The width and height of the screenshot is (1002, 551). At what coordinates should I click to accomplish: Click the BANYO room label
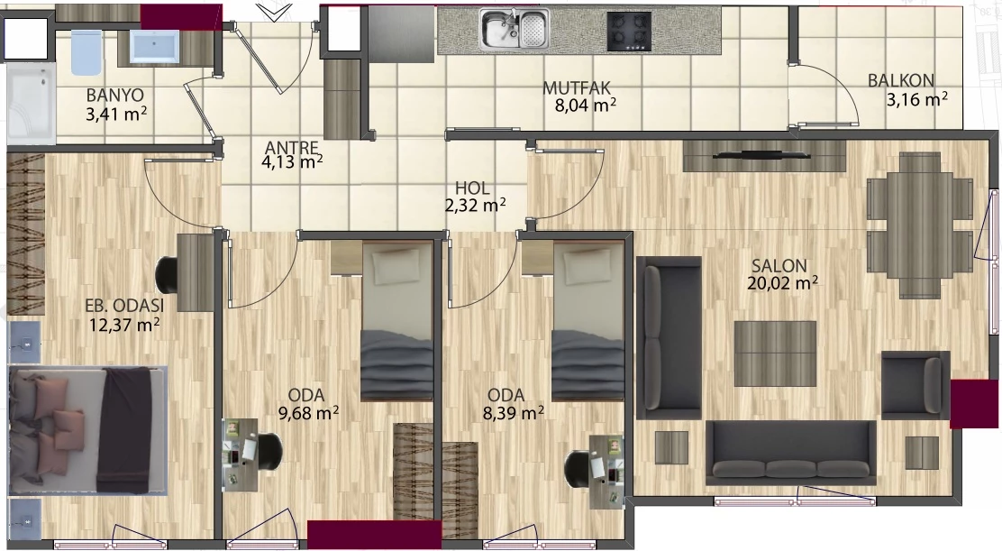click(115, 96)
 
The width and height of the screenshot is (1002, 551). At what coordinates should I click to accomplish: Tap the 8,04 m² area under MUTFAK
click(586, 105)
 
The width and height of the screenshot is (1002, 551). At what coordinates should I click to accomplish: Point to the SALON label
click(779, 265)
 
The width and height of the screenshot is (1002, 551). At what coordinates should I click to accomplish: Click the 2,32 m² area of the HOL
click(476, 206)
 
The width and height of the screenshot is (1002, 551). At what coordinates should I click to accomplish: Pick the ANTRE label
click(291, 148)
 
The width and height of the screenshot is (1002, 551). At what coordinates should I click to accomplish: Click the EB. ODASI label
click(124, 306)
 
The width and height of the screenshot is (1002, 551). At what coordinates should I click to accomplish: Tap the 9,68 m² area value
click(309, 413)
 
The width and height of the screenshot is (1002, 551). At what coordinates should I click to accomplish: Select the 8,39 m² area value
click(514, 413)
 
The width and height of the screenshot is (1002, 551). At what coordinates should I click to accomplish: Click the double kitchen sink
click(515, 30)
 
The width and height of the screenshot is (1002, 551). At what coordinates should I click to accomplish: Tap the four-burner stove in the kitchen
click(630, 32)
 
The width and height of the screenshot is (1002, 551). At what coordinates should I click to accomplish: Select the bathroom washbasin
click(155, 46)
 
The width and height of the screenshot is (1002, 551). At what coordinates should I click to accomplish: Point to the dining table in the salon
click(920, 225)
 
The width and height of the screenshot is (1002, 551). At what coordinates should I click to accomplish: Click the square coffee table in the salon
click(775, 354)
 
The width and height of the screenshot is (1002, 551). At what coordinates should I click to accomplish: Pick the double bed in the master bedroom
click(88, 430)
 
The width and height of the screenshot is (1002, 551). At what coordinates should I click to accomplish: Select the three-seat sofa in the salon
click(790, 454)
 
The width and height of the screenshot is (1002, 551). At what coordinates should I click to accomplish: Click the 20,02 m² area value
click(783, 282)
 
